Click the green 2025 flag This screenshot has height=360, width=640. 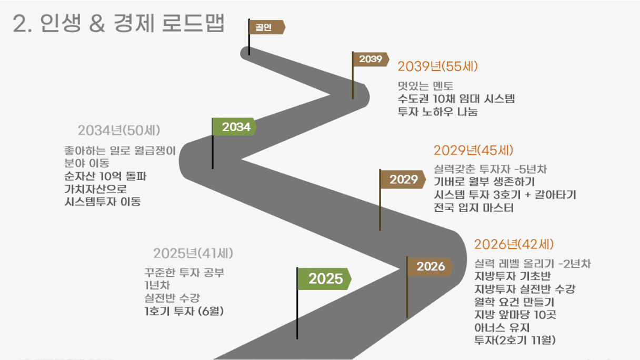[x=324, y=279]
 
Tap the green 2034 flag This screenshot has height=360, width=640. [x=234, y=126]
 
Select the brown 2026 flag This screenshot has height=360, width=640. [x=429, y=266]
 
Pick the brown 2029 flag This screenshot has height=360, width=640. [x=403, y=179]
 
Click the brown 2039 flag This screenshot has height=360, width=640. [x=371, y=59]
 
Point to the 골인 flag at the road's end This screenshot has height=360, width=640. [x=267, y=27]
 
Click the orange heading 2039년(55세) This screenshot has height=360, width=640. [x=438, y=66]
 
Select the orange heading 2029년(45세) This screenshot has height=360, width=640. [x=474, y=151]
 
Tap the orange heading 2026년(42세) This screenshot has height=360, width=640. [x=514, y=244]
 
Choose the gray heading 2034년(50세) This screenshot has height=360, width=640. [x=119, y=131]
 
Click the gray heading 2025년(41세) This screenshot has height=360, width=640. [x=193, y=253]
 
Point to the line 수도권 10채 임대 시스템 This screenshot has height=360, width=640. [x=456, y=99]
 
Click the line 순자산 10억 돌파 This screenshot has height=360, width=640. [x=105, y=176]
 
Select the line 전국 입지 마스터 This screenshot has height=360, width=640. [x=474, y=208]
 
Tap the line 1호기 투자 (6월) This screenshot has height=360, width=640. [x=184, y=311]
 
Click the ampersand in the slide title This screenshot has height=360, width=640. [x=97, y=24]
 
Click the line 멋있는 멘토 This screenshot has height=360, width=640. [x=425, y=86]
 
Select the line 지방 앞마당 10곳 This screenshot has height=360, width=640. [x=515, y=315]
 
